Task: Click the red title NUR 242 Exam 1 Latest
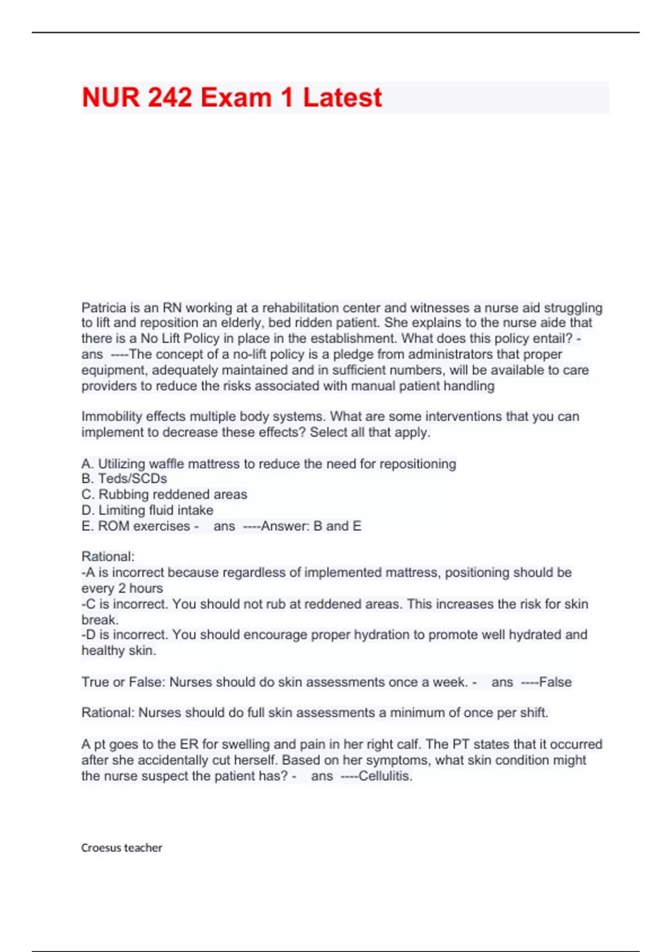232,98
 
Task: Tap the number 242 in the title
171,98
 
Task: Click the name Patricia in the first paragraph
104,307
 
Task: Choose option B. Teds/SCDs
124,479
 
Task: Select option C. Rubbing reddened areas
164,494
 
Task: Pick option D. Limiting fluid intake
147,510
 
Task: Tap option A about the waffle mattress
269,464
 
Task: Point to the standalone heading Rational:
108,557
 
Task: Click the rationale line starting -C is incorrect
334,604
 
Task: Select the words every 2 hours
122,589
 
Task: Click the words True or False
123,682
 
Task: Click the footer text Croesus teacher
122,848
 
